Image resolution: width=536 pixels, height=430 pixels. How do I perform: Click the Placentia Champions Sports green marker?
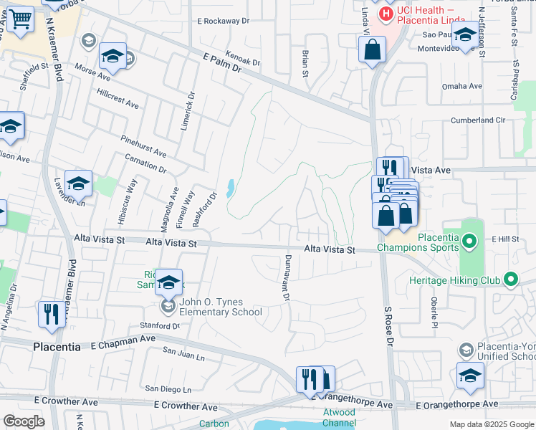(x=469, y=242)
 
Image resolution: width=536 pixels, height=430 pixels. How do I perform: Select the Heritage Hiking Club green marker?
(x=510, y=279)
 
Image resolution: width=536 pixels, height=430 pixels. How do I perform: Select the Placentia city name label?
(x=57, y=346)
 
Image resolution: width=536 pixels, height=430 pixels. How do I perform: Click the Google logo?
(x=24, y=421)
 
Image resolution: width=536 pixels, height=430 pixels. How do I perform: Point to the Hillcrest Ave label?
(x=118, y=99)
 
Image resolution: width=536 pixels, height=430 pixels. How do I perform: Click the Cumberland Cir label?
(x=479, y=120)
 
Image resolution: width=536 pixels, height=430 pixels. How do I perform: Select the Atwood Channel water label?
(x=338, y=417)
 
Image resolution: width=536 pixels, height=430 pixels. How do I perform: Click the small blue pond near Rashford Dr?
(x=229, y=188)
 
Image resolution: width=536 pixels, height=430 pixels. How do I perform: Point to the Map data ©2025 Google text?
(x=491, y=424)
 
